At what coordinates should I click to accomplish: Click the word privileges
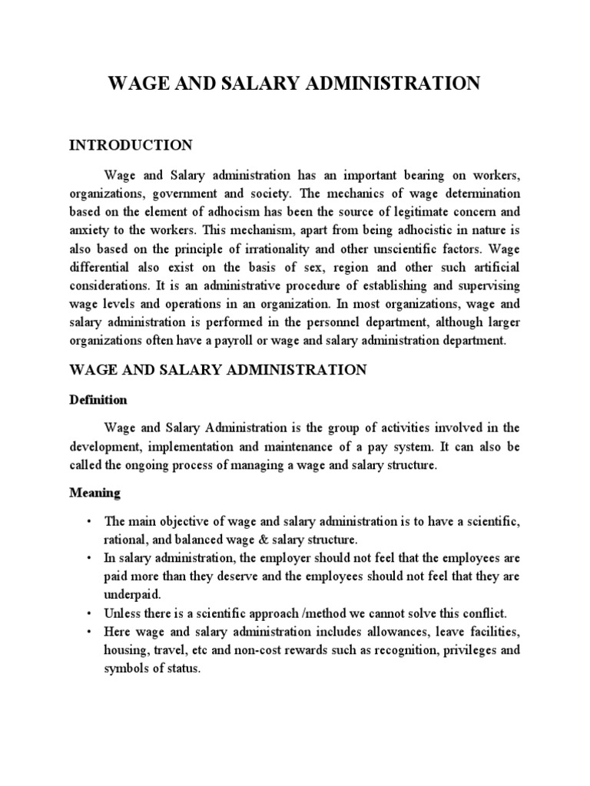tap(455, 649)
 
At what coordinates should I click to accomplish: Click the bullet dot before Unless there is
tap(90, 613)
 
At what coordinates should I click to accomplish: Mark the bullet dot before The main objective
tap(90, 520)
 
